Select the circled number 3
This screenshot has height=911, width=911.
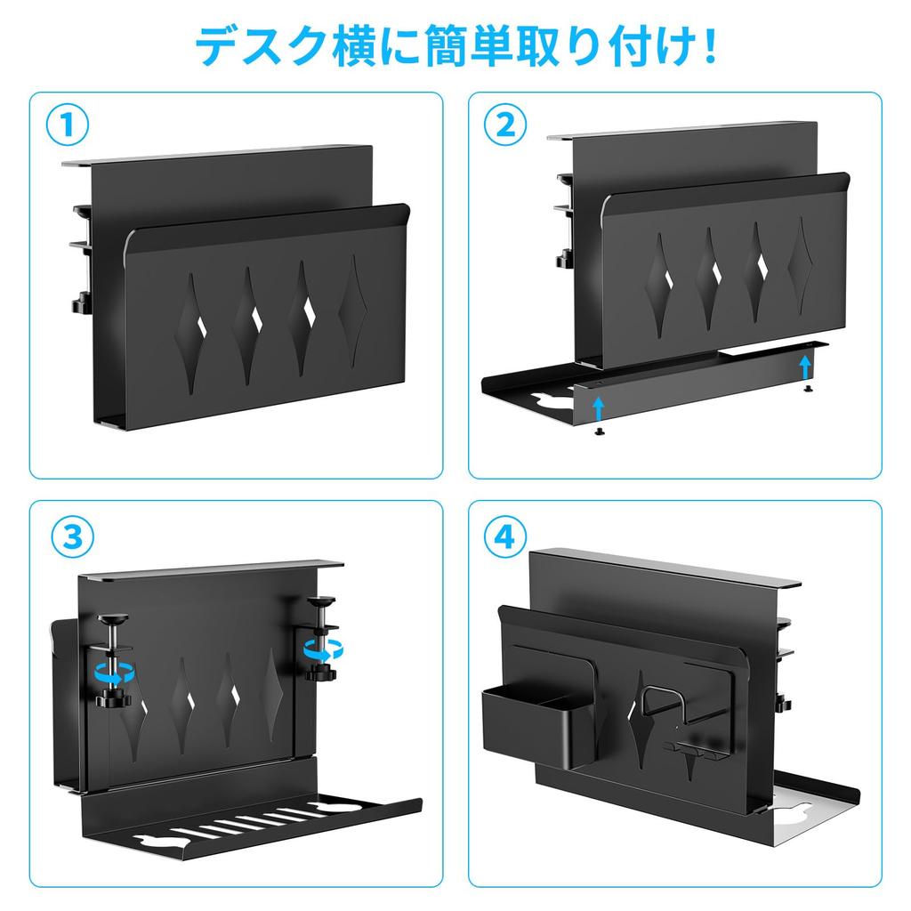pyautogui.click(x=68, y=535)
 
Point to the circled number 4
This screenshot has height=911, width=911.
pyautogui.click(x=504, y=535)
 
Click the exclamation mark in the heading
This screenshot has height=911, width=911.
pyautogui.click(x=708, y=46)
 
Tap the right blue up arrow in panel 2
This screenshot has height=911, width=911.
pyautogui.click(x=805, y=365)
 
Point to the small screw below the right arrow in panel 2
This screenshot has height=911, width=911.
pyautogui.click(x=806, y=387)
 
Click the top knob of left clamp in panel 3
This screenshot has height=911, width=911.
pyautogui.click(x=114, y=620)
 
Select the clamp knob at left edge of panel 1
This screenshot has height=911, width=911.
pyautogui.click(x=78, y=303)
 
